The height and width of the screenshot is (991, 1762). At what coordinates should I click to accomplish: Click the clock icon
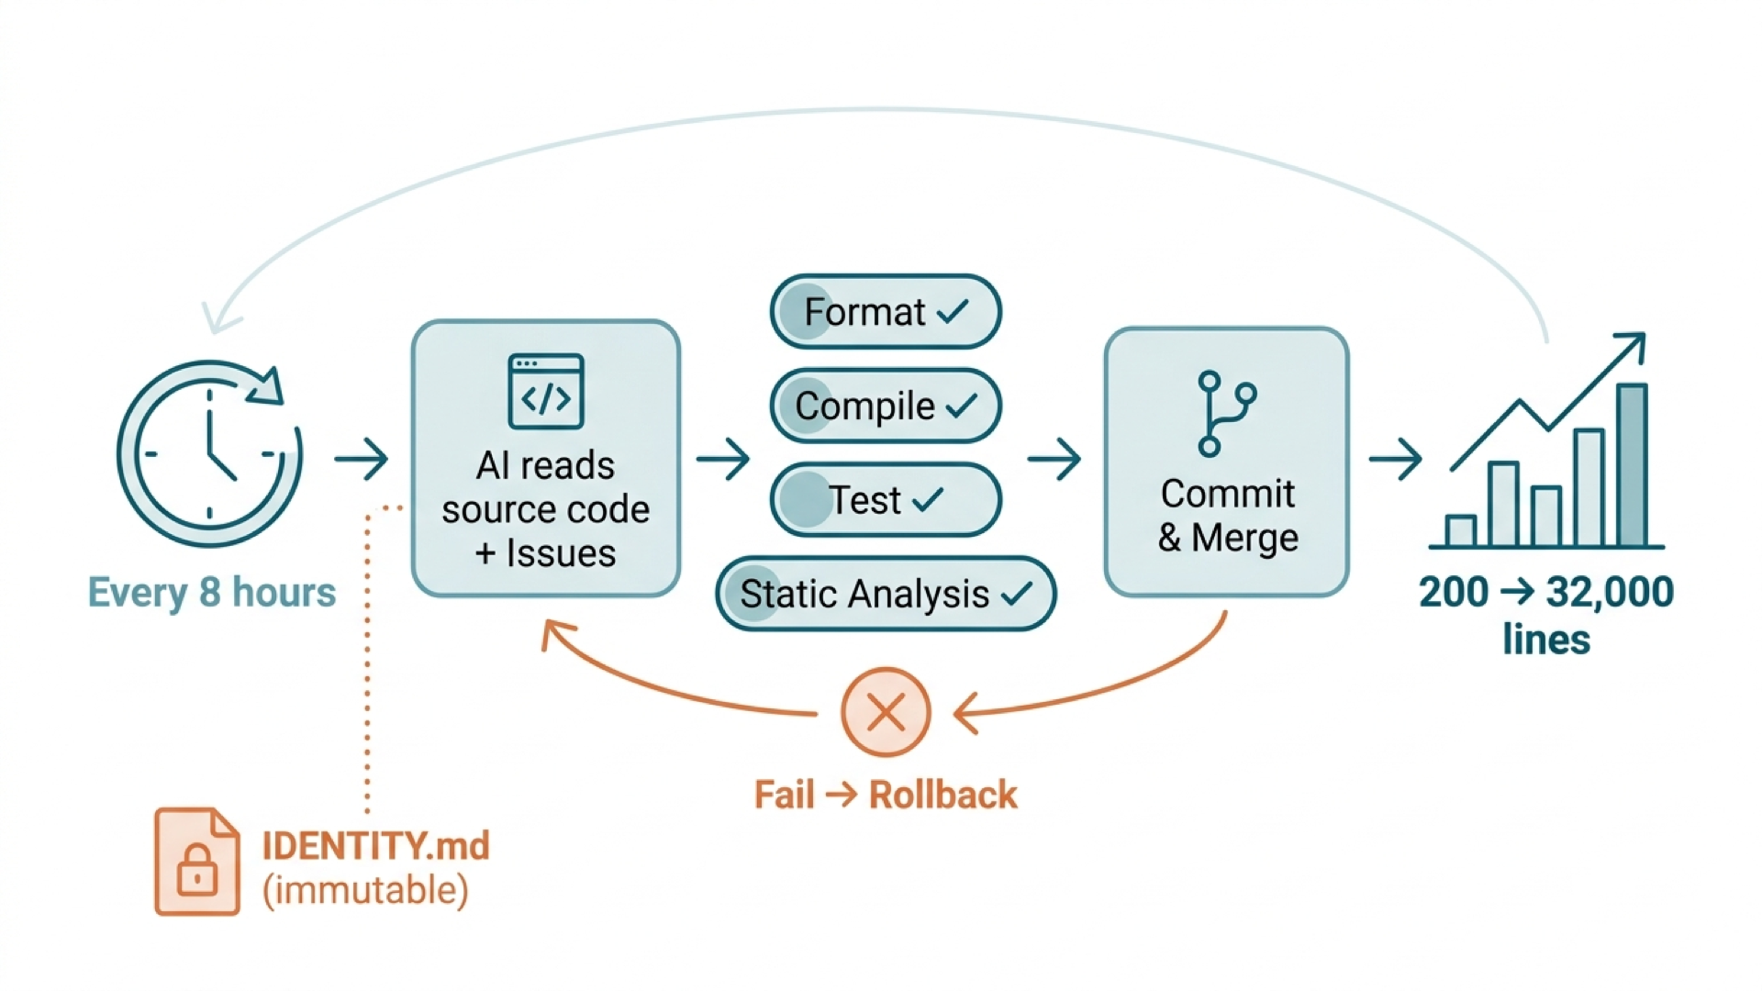click(210, 453)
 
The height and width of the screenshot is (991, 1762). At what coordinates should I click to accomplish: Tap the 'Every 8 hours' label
click(212, 593)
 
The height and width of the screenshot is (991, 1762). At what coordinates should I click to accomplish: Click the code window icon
click(546, 392)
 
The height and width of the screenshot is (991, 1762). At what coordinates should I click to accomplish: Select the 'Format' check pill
click(886, 312)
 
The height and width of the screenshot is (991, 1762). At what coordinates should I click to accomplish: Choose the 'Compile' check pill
click(886, 406)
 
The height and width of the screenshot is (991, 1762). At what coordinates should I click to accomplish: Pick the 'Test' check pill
click(886, 500)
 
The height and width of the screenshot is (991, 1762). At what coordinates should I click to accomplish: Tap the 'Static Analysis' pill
click(886, 594)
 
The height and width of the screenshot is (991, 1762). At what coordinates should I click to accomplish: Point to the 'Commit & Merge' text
click(1228, 516)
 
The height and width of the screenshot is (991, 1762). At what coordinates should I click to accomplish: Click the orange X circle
click(886, 712)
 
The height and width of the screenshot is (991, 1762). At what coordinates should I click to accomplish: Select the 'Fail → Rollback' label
click(886, 795)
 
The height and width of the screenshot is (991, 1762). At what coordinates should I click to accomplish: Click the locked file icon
click(197, 862)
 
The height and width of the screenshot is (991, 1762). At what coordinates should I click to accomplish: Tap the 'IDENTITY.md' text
click(376, 846)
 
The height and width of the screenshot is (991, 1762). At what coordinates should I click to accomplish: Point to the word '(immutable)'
click(365, 890)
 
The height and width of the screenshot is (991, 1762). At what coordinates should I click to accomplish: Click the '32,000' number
click(1610, 592)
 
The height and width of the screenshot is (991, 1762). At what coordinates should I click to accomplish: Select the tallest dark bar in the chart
click(1632, 465)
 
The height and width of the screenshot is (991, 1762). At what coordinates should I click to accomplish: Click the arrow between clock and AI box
click(361, 458)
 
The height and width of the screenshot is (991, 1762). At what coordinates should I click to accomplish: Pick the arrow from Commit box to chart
click(1395, 458)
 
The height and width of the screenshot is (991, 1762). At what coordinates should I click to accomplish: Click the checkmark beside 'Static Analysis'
click(1017, 595)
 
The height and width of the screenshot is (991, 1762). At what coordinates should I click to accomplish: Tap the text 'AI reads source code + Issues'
click(546, 509)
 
